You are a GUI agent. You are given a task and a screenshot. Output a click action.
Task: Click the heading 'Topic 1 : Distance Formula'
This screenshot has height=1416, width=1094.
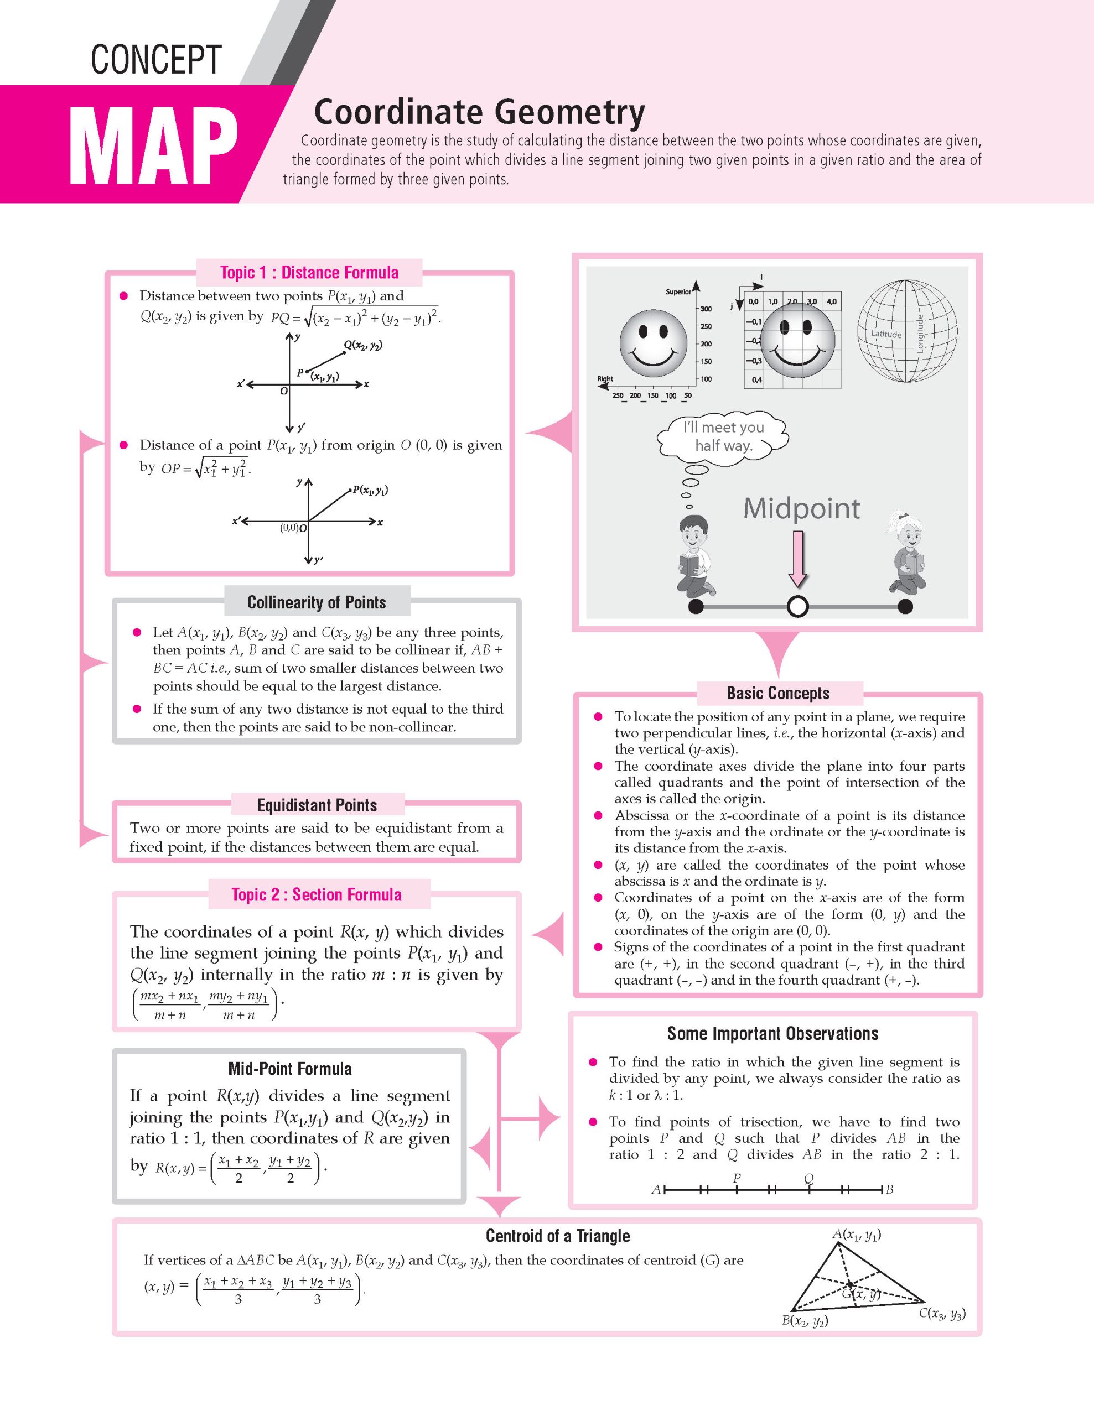click(309, 272)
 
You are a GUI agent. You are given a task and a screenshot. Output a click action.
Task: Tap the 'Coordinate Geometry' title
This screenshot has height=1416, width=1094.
click(479, 112)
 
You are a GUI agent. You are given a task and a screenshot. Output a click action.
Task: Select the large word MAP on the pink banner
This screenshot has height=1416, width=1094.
click(153, 146)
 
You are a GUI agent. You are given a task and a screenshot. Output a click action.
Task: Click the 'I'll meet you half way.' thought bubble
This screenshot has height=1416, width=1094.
click(723, 436)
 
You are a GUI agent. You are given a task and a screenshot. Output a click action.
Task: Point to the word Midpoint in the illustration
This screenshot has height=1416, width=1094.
click(801, 508)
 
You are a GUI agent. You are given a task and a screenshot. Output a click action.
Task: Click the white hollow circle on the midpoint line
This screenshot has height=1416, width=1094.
click(797, 606)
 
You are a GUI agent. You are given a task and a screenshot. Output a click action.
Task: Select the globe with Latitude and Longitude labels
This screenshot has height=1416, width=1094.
click(906, 331)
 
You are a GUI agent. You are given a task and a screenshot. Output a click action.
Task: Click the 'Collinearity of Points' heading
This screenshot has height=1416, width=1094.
click(317, 602)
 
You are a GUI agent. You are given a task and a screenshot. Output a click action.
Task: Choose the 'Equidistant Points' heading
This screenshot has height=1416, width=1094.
click(317, 805)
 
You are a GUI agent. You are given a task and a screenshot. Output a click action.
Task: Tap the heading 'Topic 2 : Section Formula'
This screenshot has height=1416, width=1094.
click(317, 895)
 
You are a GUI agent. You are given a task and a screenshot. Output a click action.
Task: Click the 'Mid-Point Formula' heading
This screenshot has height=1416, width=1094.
click(290, 1069)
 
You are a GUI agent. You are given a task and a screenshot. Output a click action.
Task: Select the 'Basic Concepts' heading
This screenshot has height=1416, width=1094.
click(777, 693)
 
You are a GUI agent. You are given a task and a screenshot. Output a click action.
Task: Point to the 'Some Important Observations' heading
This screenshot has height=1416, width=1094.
click(772, 1033)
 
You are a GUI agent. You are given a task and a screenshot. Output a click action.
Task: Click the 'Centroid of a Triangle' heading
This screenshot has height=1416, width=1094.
click(558, 1236)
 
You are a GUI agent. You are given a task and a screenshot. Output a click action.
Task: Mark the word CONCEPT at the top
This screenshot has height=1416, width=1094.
click(156, 60)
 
